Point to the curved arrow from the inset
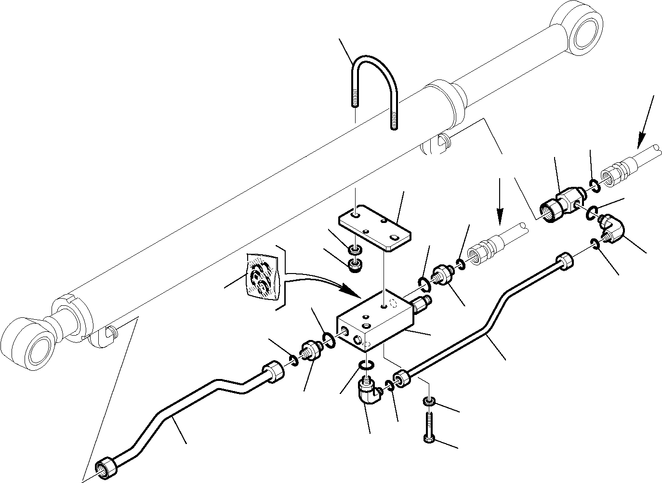coord(318,279)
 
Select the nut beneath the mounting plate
coord(356,264)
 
